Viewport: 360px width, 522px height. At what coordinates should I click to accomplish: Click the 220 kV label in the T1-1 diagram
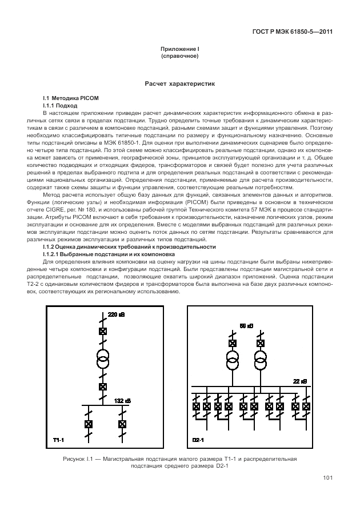point(116,315)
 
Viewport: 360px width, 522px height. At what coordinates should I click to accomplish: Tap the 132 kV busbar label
point(123,400)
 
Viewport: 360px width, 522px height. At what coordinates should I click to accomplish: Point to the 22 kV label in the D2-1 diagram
point(300,381)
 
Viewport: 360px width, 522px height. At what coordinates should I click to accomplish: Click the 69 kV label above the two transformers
point(246,325)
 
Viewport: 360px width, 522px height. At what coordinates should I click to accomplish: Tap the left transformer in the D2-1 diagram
point(233,361)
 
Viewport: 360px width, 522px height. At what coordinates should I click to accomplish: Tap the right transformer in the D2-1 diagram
point(261,361)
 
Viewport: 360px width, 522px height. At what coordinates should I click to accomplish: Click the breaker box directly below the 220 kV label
point(103,332)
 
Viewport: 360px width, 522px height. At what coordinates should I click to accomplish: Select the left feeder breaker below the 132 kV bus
point(89,424)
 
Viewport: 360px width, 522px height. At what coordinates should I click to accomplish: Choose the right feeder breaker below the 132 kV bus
point(122,424)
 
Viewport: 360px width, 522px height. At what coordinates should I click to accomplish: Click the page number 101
point(327,478)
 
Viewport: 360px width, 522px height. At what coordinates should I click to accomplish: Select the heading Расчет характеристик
point(179,83)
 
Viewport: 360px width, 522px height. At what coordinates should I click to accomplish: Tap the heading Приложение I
point(179,50)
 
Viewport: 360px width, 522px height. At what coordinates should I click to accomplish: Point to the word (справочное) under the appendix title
point(179,57)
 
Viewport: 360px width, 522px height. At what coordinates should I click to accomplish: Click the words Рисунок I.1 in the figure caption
point(78,459)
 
